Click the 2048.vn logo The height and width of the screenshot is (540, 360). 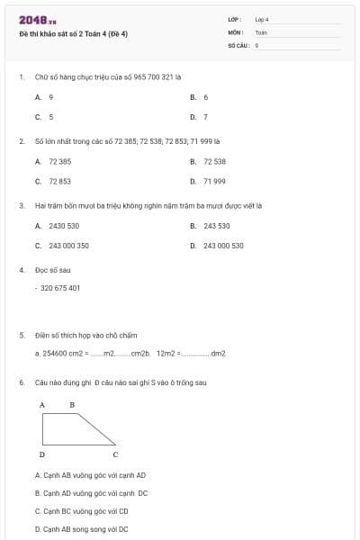(38, 20)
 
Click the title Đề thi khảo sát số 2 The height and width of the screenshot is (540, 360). (73, 34)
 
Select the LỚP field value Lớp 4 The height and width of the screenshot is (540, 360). (262, 19)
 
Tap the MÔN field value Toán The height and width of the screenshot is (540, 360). (261, 31)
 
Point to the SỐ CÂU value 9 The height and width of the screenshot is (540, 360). (257, 44)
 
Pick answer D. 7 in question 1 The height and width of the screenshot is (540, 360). (200, 116)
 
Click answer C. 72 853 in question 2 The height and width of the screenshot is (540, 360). (54, 181)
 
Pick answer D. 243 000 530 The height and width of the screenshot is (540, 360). (217, 245)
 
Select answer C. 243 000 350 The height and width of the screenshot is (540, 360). (62, 245)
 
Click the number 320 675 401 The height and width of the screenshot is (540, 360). (60, 288)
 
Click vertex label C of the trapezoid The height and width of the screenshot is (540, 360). (115, 454)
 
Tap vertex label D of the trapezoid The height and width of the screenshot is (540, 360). (42, 454)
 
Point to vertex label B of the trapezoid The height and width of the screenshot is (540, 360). (72, 405)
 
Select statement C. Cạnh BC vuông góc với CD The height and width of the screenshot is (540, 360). (82, 511)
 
